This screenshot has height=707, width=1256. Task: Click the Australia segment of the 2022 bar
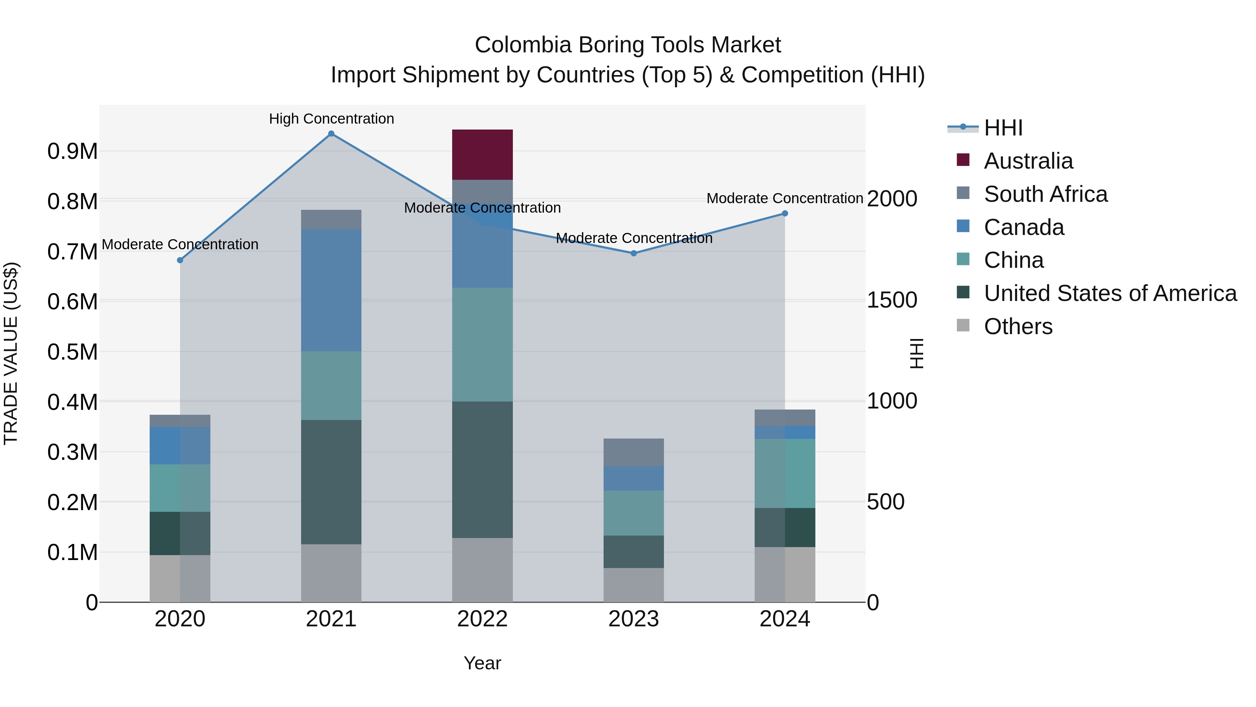pos(482,155)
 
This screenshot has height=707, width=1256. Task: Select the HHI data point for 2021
pos(331,134)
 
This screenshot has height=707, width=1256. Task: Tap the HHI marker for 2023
pos(633,253)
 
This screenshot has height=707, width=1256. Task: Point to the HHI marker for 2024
pos(785,213)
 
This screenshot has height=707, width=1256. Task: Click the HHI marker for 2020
pos(180,260)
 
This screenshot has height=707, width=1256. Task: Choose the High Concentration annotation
pos(331,119)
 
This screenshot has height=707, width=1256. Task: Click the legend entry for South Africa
pos(1045,194)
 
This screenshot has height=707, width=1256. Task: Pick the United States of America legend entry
pos(1110,293)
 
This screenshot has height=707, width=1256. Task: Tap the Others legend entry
pos(1018,326)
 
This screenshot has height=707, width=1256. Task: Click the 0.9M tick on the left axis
pos(73,151)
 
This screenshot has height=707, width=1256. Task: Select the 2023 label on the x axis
pos(633,619)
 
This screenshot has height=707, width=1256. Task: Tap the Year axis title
pos(482,663)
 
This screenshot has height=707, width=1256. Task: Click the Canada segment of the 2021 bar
pos(331,290)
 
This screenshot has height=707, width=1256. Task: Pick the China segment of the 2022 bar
pos(482,345)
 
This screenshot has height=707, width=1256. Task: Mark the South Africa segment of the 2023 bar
pos(633,452)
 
